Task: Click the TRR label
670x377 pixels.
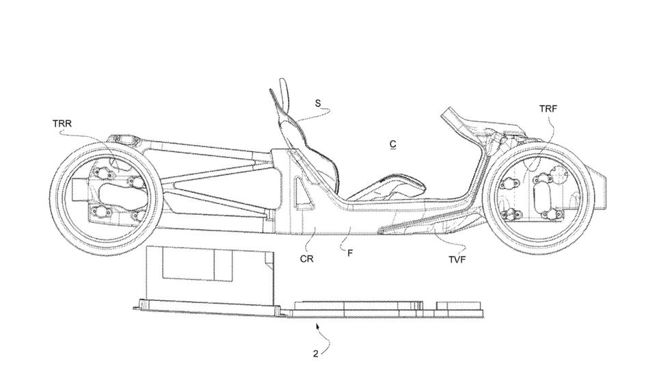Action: click(62, 124)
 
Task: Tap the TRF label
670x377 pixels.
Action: click(548, 109)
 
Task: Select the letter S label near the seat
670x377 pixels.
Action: click(317, 103)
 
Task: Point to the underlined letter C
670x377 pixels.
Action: click(392, 144)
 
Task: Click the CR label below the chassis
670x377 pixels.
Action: click(306, 259)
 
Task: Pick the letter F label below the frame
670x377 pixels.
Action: click(350, 253)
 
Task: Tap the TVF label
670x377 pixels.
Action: click(457, 259)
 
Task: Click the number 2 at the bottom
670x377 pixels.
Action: click(315, 354)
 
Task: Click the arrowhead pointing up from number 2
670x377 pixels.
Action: click(317, 326)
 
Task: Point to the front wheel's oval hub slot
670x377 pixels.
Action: click(541, 192)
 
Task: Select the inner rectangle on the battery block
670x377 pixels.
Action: click(197, 264)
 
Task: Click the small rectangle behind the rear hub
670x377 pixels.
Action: click(79, 190)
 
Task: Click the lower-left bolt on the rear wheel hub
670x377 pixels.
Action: click(101, 211)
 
